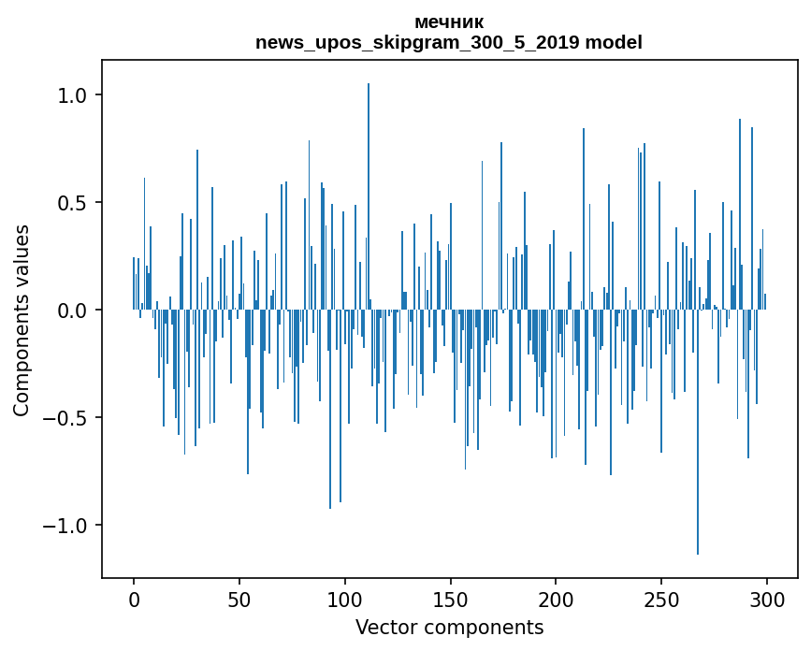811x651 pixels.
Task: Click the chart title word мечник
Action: tap(448, 22)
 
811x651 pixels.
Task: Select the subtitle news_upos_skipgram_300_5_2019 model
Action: tap(448, 42)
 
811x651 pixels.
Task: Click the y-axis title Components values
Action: tap(21, 320)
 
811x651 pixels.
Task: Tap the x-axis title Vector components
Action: tap(449, 627)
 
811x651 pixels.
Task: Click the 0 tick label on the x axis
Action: tap(134, 599)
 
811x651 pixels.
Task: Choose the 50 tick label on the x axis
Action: tap(239, 599)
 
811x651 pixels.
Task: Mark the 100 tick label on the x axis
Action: tap(345, 599)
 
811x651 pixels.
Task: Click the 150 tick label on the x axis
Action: tap(451, 599)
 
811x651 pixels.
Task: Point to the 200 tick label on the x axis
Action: tap(556, 599)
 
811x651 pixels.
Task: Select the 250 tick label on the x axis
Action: tap(661, 599)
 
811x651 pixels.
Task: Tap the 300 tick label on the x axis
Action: tap(767, 599)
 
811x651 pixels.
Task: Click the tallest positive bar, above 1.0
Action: tap(369, 187)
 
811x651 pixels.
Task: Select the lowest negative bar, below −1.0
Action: tap(698, 440)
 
